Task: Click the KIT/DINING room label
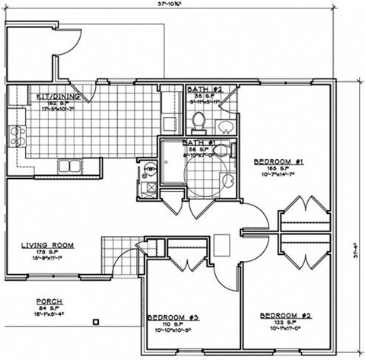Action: point(56,97)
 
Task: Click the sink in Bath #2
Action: point(225,124)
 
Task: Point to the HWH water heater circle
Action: point(149,169)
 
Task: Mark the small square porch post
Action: point(95,320)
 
